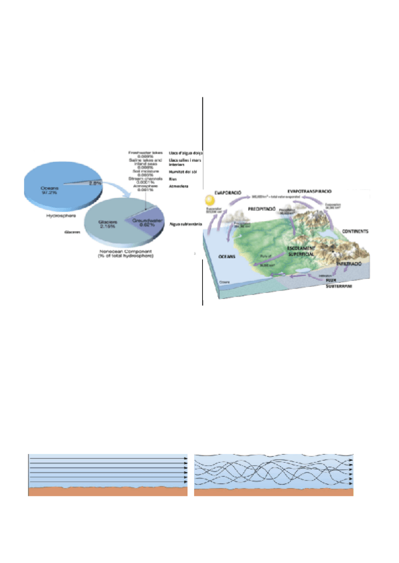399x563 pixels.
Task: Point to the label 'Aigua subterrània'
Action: [186, 225]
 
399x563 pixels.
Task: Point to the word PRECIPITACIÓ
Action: [265, 207]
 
